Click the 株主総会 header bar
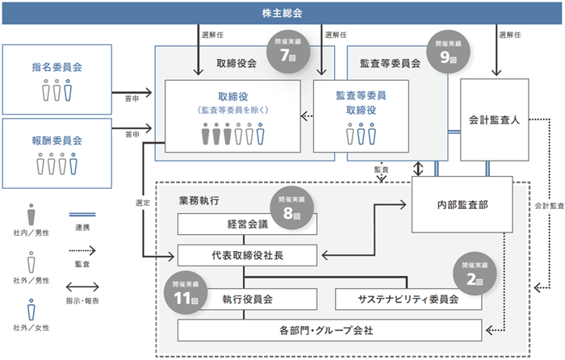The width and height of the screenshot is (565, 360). tap(282, 14)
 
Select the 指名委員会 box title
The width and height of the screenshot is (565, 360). tap(57, 69)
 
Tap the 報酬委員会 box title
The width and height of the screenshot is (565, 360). tap(57, 140)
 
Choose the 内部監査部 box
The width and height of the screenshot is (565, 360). tap(461, 206)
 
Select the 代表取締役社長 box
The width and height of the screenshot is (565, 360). tap(246, 257)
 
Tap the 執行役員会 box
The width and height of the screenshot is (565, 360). tap(247, 299)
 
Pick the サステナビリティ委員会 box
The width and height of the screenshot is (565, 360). tap(408, 299)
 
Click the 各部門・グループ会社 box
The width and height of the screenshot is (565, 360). tap(331, 330)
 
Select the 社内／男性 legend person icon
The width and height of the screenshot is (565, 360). tap(31, 215)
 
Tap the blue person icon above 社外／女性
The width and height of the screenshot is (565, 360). tap(31, 310)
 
